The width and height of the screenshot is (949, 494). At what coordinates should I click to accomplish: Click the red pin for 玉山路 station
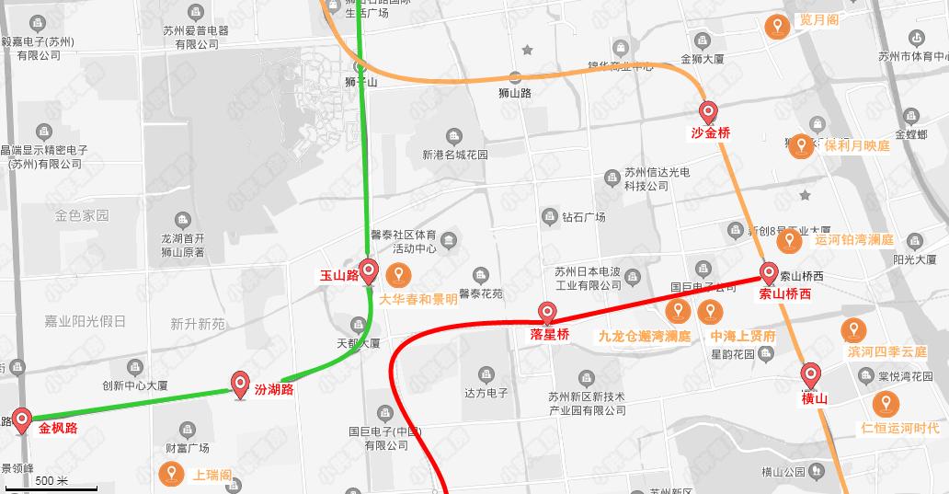point(369,270)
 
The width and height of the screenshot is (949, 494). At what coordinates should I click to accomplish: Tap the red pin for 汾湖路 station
point(241,383)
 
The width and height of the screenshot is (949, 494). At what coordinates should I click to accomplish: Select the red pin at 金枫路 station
point(21,419)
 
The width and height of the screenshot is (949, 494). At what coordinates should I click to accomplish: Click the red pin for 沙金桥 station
point(708,112)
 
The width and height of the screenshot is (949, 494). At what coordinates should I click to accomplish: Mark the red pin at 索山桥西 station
point(769,273)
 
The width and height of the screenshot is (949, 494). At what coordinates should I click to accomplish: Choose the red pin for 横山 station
point(810,375)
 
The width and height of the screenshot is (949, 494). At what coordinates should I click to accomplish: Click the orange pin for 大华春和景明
point(398,274)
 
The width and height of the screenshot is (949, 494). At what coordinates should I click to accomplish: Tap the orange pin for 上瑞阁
point(170,474)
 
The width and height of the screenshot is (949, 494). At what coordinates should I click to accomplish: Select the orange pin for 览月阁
point(778,27)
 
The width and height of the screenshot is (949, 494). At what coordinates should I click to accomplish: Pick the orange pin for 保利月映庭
point(801,145)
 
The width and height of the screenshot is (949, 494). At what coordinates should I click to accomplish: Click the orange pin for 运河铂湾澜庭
point(788,241)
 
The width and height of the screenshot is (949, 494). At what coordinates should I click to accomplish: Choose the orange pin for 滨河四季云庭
point(852,330)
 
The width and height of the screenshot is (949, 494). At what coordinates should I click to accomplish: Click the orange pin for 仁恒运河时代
point(886,403)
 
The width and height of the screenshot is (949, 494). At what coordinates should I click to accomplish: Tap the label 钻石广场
point(584,217)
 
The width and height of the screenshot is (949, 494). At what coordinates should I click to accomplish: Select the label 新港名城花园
point(455,155)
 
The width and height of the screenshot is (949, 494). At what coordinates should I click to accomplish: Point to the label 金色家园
point(82,215)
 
